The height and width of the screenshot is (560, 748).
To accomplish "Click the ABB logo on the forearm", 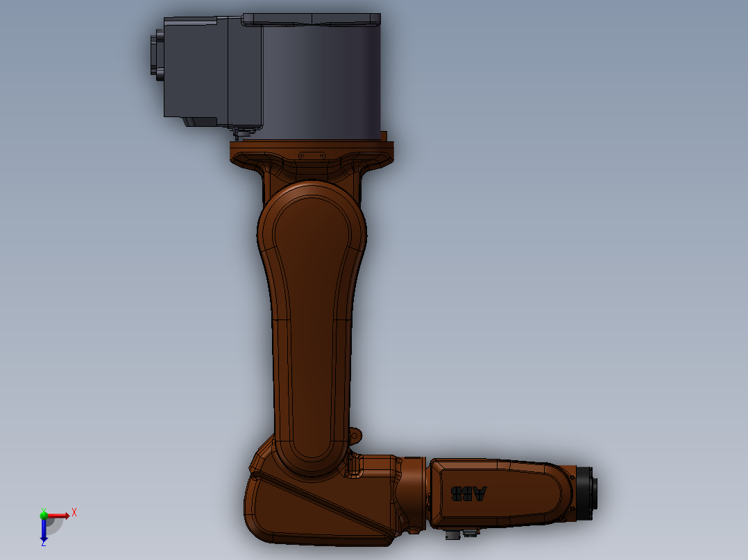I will pyautogui.click(x=470, y=493).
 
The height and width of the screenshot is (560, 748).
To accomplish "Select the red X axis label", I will pyautogui.click(x=74, y=512).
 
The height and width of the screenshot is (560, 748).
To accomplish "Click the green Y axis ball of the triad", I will pyautogui.click(x=44, y=514).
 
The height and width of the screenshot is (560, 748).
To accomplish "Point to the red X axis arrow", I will pyautogui.click(x=60, y=515).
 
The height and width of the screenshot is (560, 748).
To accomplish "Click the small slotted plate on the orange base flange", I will pyautogui.click(x=312, y=156).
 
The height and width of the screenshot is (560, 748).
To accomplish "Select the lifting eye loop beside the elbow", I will pyautogui.click(x=355, y=436).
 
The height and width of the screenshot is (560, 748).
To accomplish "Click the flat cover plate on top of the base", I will pyautogui.click(x=311, y=19).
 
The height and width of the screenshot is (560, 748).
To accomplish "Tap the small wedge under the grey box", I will pyautogui.click(x=198, y=121).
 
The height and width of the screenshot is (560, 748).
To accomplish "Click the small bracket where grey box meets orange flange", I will pyautogui.click(x=243, y=132).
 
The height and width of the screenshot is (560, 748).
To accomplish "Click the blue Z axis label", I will pyautogui.click(x=43, y=543).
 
